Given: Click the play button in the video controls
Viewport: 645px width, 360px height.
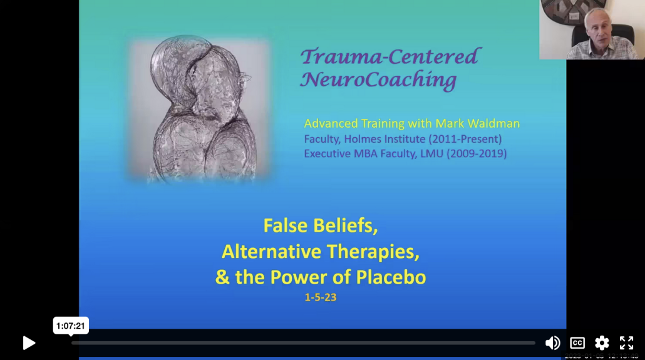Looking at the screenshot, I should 29,342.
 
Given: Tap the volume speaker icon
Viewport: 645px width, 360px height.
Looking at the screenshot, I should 552,342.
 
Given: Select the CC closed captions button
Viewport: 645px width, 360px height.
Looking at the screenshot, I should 577,342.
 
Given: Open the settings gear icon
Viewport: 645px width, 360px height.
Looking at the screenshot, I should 602,342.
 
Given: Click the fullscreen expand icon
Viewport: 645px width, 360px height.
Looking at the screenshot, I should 626,342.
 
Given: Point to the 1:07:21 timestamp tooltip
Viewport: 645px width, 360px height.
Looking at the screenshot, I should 71,326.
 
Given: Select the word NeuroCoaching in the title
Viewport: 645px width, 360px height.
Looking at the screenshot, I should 378,80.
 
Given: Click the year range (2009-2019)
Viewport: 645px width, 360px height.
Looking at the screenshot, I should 476,153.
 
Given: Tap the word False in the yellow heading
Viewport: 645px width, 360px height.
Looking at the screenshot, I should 286,225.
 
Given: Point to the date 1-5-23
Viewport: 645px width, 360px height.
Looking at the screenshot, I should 321,297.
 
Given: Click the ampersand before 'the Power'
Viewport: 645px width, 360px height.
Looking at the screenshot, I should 222,277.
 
